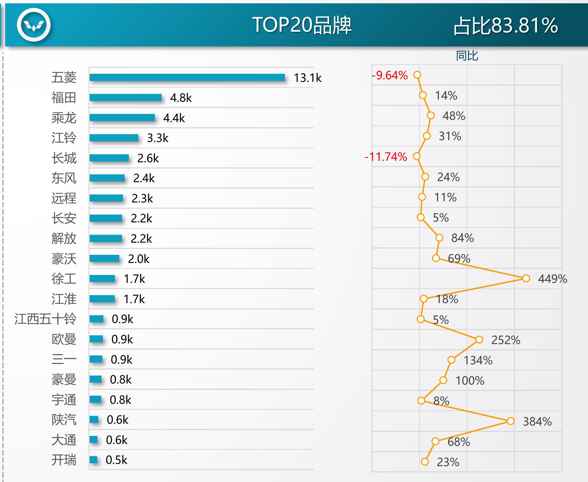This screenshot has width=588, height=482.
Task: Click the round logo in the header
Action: [x=34, y=25]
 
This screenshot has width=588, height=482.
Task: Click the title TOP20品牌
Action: [x=302, y=25]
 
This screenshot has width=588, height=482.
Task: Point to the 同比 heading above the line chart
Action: [x=467, y=56]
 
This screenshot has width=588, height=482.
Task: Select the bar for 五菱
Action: [x=187, y=77]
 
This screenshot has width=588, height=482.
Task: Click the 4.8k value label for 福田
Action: [x=181, y=98]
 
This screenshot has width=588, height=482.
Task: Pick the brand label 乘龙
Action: [x=64, y=118]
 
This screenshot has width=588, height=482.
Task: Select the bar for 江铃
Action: [x=114, y=138]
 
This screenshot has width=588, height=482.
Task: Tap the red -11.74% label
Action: [x=386, y=157]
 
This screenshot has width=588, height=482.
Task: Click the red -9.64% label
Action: [x=390, y=75]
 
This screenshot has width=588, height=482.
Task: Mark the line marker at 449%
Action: [x=526, y=278]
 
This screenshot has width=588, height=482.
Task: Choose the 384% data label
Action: [x=537, y=422]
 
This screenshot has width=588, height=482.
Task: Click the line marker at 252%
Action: [x=479, y=340]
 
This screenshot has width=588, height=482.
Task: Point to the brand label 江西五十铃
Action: [x=45, y=319]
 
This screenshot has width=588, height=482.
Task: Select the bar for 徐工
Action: [x=102, y=278]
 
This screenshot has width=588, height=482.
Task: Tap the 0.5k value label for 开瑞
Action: [x=116, y=460]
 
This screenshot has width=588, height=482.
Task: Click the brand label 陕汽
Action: [x=64, y=420]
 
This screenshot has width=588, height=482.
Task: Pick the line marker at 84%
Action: [x=439, y=238]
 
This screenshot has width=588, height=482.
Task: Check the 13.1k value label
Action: [x=308, y=78]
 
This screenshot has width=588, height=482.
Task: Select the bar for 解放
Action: [x=106, y=238]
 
